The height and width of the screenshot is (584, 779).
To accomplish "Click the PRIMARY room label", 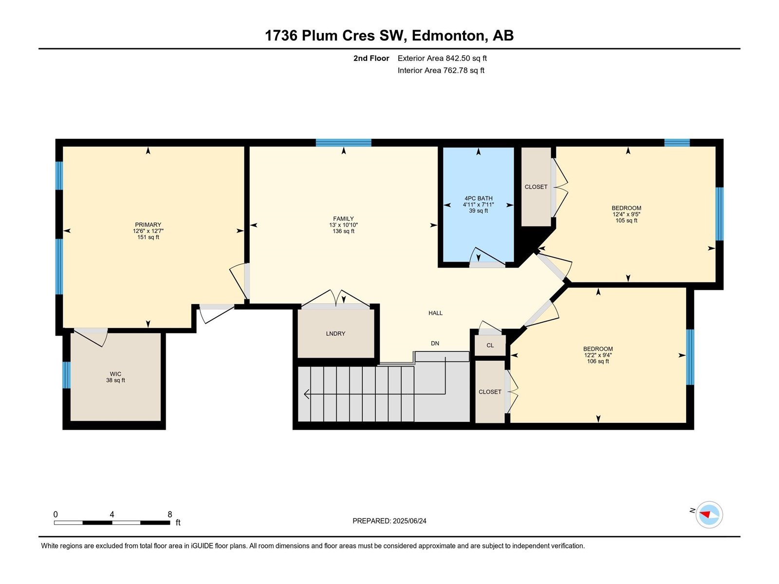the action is click(148, 224).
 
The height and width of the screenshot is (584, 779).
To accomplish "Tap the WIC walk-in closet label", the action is click(115, 374).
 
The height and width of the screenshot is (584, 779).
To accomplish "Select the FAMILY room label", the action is click(343, 219).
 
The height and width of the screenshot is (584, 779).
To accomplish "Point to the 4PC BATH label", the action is click(479, 198).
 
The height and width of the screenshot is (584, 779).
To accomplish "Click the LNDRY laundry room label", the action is click(335, 333).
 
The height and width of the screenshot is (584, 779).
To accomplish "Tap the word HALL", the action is click(435, 313).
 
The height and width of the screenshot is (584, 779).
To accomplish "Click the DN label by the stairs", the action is click(435, 343).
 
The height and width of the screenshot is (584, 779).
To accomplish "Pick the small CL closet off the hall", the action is click(490, 346).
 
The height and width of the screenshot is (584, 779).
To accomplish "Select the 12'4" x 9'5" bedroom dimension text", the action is click(627, 214).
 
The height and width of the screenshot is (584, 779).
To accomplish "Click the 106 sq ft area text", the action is click(598, 361).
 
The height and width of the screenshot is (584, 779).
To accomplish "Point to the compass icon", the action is click(709, 514).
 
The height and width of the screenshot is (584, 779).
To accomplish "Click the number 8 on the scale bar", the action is click(169, 514).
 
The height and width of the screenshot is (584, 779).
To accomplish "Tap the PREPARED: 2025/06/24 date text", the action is click(389, 521).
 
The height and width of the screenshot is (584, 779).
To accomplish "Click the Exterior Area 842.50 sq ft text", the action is click(442, 58).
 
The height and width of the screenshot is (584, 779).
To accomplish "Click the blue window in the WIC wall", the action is click(66, 375).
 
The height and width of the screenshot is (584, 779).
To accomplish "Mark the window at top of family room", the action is click(344, 143).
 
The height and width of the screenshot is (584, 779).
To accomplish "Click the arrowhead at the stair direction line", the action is click(307, 394).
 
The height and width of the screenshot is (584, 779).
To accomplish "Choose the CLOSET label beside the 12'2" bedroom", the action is click(490, 392).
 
